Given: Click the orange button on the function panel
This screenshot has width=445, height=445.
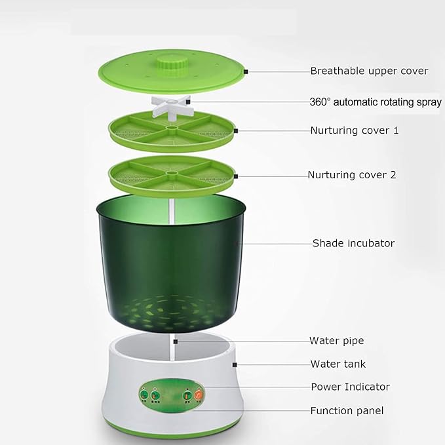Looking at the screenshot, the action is click(199, 395).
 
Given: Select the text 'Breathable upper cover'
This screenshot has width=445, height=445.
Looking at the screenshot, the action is click(369, 71).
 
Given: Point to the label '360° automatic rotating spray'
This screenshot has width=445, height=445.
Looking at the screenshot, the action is click(376, 102).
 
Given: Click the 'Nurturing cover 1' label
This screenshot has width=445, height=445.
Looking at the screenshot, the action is click(355, 130).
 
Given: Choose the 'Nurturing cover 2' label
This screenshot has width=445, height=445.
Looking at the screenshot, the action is click(352, 175).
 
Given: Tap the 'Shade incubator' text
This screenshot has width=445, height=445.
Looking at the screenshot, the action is click(354, 243).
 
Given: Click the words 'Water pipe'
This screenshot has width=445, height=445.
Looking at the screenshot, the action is click(337, 341).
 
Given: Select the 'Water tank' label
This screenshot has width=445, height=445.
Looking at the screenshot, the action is click(338, 364).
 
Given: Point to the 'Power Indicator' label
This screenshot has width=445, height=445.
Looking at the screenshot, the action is click(351, 387).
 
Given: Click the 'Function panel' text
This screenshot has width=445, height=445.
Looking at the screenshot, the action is click(347, 411).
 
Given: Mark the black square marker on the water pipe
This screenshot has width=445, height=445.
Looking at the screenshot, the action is click(176, 341).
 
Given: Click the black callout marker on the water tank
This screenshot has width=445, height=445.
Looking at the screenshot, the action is click(235, 365).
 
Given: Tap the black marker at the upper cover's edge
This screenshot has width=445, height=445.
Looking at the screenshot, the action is click(246, 72).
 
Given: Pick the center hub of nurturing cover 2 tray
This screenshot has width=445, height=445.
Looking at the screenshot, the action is click(171, 173).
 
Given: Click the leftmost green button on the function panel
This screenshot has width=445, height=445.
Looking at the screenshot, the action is click(144, 395).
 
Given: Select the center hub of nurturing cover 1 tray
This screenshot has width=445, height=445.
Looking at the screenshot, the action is click(171, 129).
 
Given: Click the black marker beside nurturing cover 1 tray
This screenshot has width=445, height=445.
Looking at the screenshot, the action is click(236, 131).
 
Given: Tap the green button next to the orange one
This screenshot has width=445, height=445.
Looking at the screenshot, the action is click(187, 395).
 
